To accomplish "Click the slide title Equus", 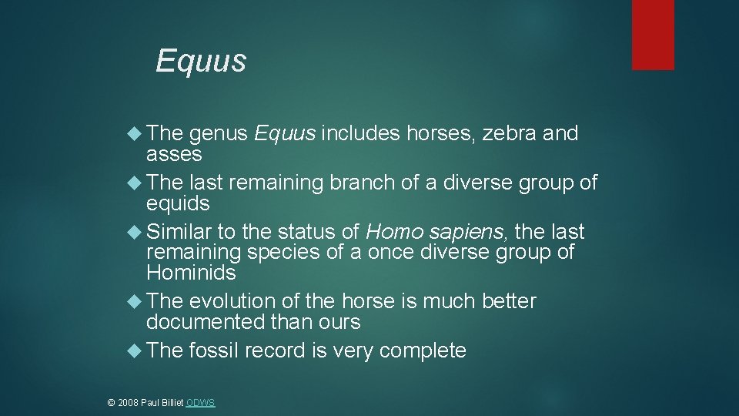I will click(200, 61).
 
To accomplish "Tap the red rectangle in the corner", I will click(653, 35).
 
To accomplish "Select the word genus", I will click(218, 134).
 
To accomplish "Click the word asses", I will click(174, 154).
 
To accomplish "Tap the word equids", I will click(178, 203).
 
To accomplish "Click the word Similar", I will click(179, 232).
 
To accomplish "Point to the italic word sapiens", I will click(468, 232).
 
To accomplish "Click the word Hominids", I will click(191, 273).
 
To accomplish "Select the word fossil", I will click(213, 351).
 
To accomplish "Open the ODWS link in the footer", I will click(200, 403).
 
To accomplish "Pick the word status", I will click(311, 232).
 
